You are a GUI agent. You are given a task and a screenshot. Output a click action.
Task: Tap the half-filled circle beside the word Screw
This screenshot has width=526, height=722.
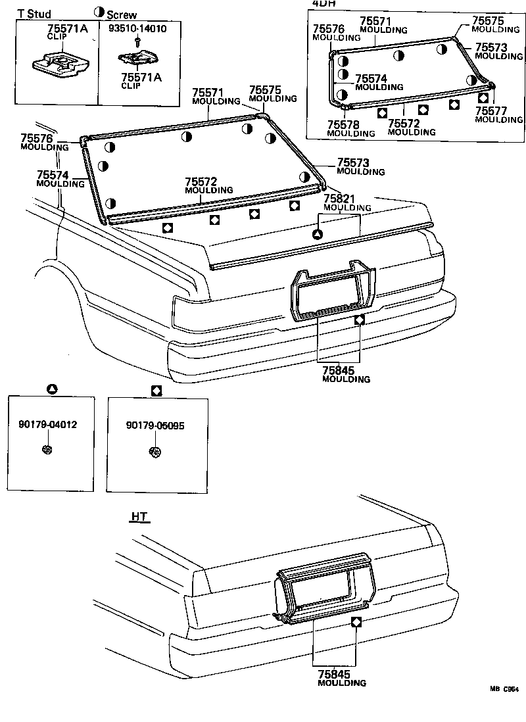pyautogui.click(x=99, y=12)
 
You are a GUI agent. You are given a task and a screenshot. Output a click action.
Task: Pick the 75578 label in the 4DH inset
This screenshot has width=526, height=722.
pyautogui.click(x=343, y=125)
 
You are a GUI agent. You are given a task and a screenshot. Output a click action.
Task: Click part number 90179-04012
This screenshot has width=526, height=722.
pyautogui.click(x=48, y=425)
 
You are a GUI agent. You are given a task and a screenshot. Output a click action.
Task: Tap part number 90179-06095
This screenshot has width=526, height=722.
pyautogui.click(x=155, y=425)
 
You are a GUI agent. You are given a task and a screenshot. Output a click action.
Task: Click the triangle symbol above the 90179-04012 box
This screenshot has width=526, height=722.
pyautogui.click(x=52, y=389)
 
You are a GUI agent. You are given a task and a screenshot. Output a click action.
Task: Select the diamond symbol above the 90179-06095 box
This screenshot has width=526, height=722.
pyautogui.click(x=156, y=390)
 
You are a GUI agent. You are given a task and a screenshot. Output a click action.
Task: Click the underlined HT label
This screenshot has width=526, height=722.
pyautogui.click(x=139, y=517)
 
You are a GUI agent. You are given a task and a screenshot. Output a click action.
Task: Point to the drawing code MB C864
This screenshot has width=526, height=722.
pyautogui.click(x=503, y=689)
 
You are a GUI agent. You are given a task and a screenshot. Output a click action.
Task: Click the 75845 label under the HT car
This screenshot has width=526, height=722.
pyautogui.click(x=333, y=674)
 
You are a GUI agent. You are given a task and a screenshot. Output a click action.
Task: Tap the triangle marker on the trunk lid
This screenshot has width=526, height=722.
pyautogui.click(x=316, y=234)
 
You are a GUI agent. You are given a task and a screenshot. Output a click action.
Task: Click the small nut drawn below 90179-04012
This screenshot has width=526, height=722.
pyautogui.click(x=47, y=450)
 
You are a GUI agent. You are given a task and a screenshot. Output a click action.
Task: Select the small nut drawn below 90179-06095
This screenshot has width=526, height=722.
pyautogui.click(x=155, y=452)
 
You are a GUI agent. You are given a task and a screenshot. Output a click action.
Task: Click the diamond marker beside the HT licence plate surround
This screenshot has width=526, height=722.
pyautogui.click(x=356, y=622)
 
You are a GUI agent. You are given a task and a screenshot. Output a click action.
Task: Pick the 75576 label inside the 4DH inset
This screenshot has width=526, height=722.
pyautogui.click(x=328, y=30)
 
